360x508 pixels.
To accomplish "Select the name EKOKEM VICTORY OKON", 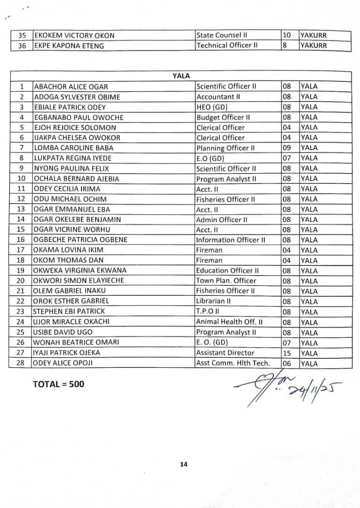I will coord(74,36).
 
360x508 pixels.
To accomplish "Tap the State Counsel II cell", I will coord(222,35).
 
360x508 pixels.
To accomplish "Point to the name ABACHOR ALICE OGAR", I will coord(71,87).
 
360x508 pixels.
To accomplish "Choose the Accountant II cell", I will coord(218,97).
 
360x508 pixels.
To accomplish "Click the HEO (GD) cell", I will coord(212,107).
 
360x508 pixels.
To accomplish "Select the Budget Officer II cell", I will coord(223,118).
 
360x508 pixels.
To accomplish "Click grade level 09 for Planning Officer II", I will coord(287,148).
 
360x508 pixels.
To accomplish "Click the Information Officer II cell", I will coord(231,240).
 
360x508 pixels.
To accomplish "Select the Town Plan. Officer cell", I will coord(226,281).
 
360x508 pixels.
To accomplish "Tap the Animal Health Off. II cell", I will coord(229,322).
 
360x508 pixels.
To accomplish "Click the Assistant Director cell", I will coord(225,353).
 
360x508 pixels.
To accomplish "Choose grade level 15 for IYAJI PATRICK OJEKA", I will coord(287,353).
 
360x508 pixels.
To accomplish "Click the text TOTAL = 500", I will coord(58,384).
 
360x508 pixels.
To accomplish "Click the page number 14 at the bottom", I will coord(183,465).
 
